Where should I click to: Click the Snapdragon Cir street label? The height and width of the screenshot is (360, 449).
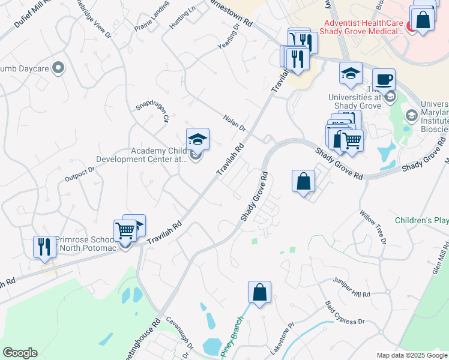tap(152, 110)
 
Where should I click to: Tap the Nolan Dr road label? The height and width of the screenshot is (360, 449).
tap(235, 124)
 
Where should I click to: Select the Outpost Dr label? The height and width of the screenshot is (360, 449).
tap(80, 175)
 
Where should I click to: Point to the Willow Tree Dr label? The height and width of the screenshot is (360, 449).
tap(373, 227)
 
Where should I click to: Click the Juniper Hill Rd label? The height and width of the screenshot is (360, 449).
tap(352, 290)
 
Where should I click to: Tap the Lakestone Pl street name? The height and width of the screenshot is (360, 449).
tap(283, 334)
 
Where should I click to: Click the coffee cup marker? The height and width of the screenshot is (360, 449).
tap(384, 79)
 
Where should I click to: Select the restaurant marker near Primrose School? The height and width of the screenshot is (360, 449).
tap(44, 247)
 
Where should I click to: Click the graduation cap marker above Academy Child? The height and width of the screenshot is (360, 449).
tap(197, 139)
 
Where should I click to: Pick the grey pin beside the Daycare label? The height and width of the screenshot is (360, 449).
tap(58, 68)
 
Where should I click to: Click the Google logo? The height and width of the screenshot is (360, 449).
tap(20, 353)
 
